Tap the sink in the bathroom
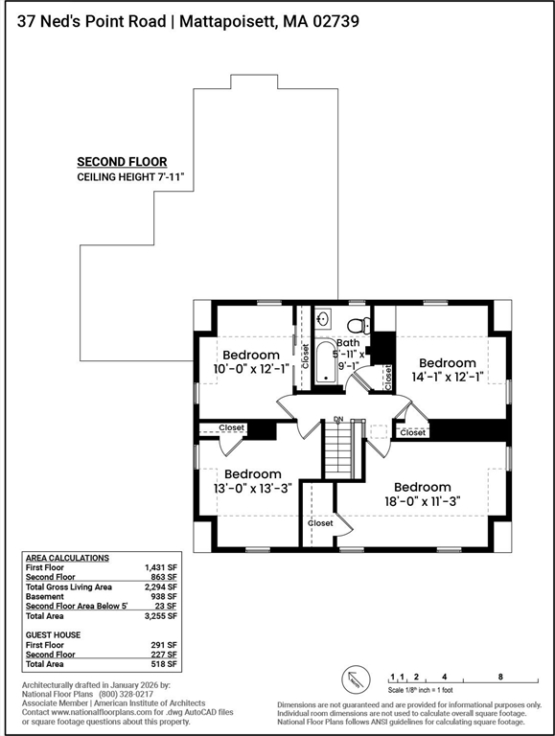coord(323,319)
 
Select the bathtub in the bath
coord(325,362)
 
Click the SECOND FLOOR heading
coord(122,162)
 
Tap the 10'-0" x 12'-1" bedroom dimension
coord(250,369)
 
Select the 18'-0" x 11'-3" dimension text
coord(422,501)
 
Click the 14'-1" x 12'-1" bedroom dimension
coord(447,377)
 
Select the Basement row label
coord(45,597)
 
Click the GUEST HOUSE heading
coord(53,635)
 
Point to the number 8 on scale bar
coord(500,677)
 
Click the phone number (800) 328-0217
coord(126,694)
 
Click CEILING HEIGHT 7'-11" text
coord(130,177)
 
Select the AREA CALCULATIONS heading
coord(67,558)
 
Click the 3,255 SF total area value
coord(161,616)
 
